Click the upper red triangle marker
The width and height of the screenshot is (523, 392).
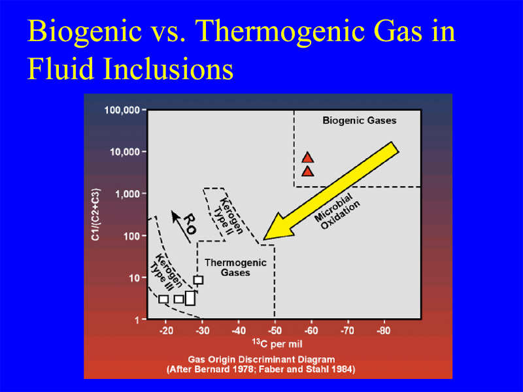pos(307,157)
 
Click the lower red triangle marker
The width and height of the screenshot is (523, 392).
pos(307,172)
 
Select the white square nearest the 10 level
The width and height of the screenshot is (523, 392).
pos(199,280)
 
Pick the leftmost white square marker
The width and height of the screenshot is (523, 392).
pos(163,299)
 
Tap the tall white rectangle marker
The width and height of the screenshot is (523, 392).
pos(190,298)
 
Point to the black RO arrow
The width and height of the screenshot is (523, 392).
pos(181,227)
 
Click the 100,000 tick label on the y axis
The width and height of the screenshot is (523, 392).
pos(122,110)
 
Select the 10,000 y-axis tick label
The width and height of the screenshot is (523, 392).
pos(125,152)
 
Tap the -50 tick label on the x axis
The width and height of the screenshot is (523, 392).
pos(275,331)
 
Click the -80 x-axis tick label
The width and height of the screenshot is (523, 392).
pos(384,331)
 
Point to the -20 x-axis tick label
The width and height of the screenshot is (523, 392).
pos(166,331)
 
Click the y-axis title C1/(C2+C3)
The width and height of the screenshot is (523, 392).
pos(96,214)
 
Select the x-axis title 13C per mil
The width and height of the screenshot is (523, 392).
pos(277,344)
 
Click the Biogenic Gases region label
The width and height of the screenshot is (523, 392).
pos(359,120)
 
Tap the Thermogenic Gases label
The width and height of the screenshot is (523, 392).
pos(235,267)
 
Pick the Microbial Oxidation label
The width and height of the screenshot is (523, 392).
pos(337,210)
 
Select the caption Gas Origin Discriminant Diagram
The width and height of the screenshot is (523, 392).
pos(261,360)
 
